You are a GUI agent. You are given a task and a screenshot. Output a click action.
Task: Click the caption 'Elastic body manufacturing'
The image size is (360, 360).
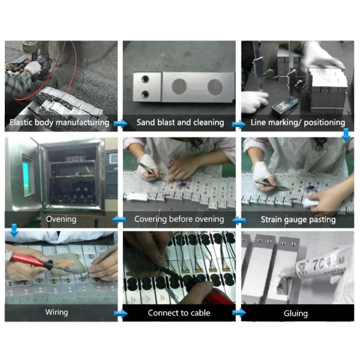(59, 122)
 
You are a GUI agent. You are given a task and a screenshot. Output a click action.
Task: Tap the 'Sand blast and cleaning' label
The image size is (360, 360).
(180, 122)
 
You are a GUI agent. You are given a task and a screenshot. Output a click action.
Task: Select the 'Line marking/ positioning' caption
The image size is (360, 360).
(298, 122)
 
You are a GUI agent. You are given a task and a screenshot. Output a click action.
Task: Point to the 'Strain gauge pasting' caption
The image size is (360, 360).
(298, 220)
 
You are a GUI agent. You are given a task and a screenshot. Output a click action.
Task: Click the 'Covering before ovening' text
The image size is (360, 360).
(179, 219)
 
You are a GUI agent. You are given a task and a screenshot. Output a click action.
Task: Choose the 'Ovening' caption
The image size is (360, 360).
(61, 219)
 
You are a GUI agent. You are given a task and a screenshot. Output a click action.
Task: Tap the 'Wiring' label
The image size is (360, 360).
(56, 312)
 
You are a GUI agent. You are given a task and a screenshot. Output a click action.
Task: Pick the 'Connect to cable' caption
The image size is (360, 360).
(179, 313)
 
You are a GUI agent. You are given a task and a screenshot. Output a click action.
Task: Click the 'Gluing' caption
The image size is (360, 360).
(296, 313)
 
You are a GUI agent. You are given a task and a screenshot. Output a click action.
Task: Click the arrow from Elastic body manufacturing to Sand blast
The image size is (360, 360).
(121, 124)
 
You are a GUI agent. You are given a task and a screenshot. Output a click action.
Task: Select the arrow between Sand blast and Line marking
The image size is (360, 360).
(239, 124)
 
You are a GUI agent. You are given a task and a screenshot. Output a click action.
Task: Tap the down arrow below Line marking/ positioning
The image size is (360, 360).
(346, 135)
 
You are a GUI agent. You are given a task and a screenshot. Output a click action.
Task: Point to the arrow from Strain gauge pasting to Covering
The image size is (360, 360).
(239, 221)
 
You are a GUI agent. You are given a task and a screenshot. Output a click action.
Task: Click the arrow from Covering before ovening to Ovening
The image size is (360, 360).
(119, 220)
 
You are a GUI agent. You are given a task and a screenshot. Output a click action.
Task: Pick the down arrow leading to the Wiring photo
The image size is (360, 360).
(14, 230)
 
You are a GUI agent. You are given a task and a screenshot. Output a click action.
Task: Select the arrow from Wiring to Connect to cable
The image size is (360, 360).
(121, 313)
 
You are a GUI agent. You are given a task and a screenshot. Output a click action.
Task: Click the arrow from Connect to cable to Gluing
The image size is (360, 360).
(239, 313)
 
